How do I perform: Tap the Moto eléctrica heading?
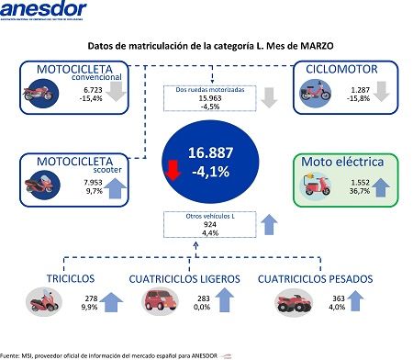[344, 163]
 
